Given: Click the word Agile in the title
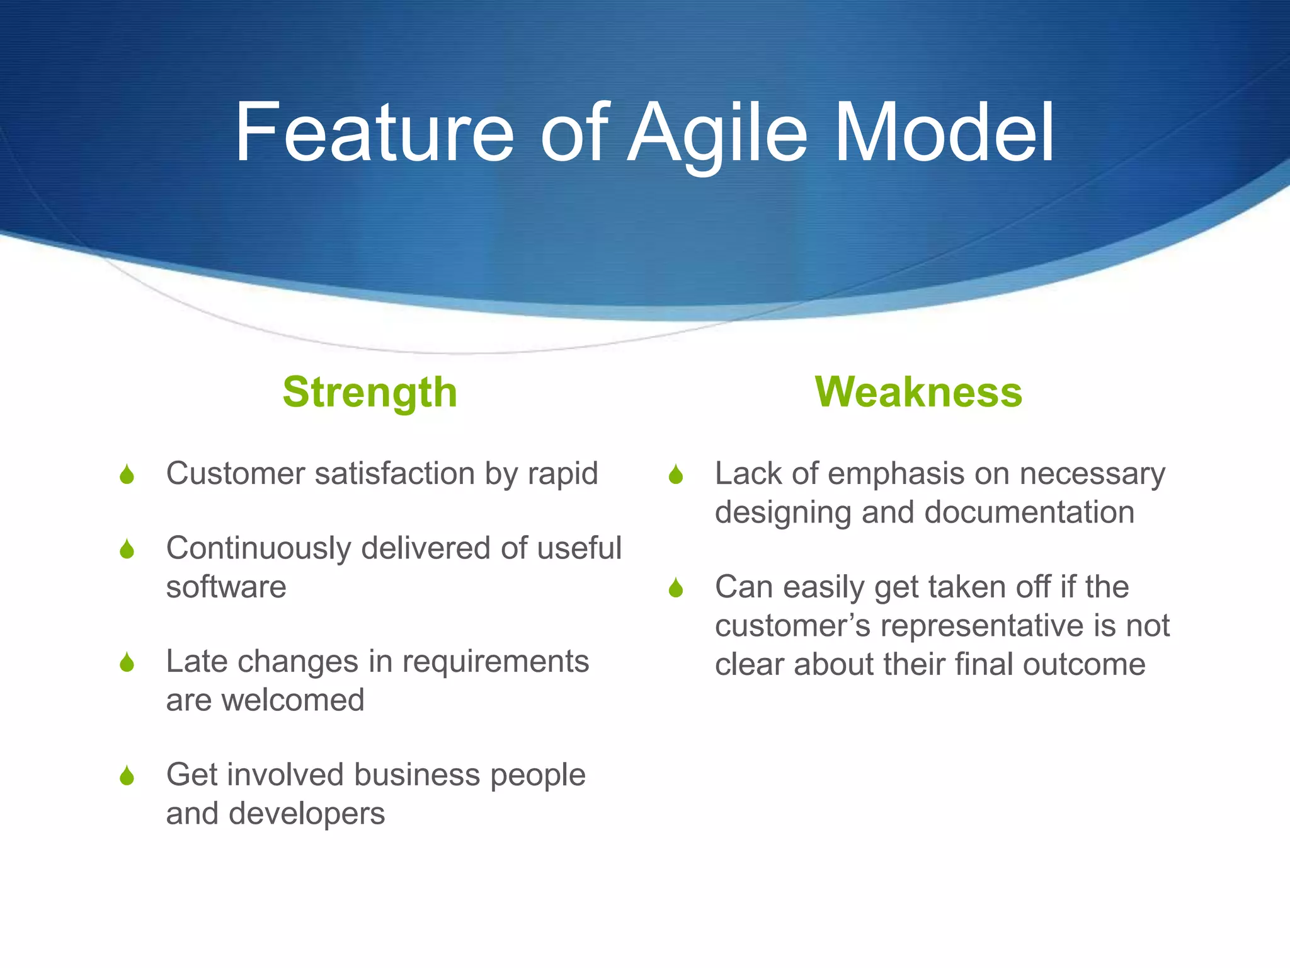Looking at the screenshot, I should tap(718, 134).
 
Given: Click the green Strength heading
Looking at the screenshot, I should tap(370, 392).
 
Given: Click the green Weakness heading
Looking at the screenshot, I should tap(918, 392).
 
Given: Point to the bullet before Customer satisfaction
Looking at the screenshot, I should tap(127, 475).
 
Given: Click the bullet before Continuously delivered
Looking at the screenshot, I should tap(127, 549).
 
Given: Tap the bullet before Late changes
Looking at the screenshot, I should tap(127, 662).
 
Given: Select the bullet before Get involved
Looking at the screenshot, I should tap(127, 776).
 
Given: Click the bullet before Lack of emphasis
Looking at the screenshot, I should tap(676, 475).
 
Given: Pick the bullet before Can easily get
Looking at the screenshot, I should tap(676, 588).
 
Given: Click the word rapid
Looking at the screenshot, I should tap(562, 474).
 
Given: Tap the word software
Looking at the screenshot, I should tap(226, 587).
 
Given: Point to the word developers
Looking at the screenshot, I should tap(307, 814).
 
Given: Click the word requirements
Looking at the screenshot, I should tap(495, 662).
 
